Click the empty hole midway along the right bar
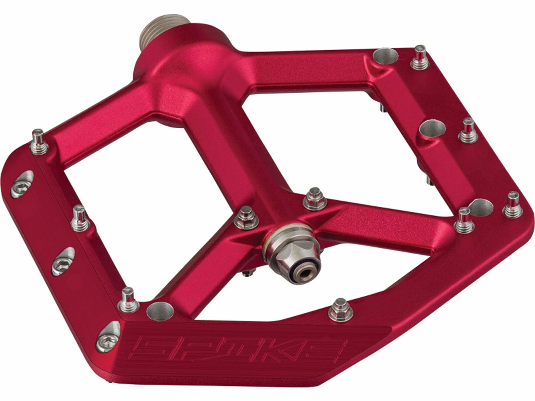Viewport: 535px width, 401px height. click(x=433, y=129)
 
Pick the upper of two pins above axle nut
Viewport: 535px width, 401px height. click(x=315, y=198)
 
